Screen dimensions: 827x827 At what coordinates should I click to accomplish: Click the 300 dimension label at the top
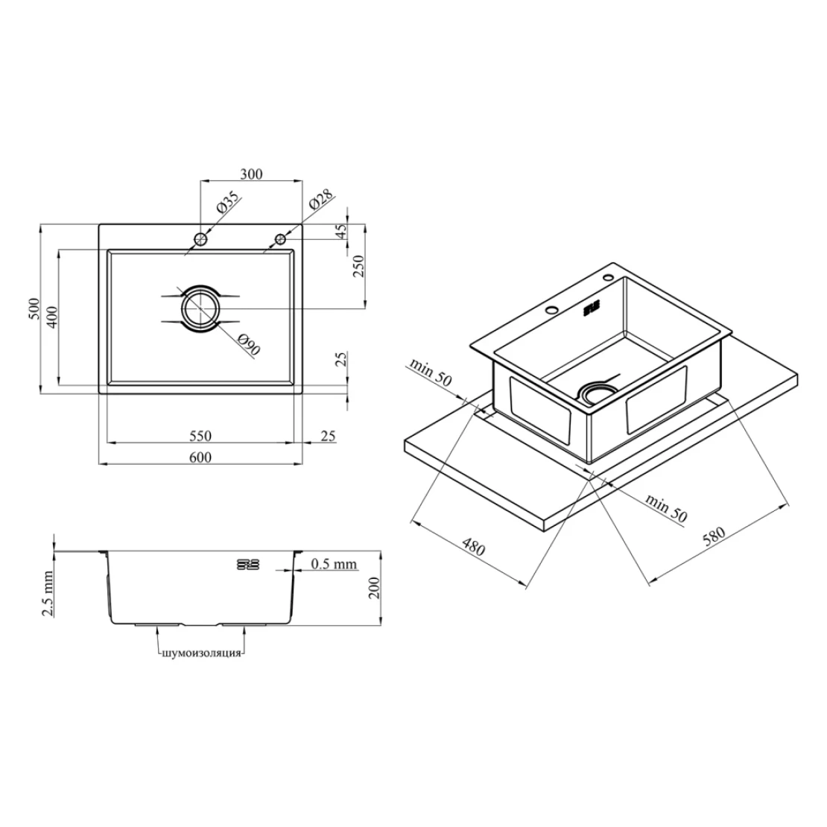click(x=251, y=174)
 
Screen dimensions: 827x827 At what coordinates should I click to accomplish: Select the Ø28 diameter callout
click(x=320, y=200)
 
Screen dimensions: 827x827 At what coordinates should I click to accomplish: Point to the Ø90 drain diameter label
click(x=248, y=344)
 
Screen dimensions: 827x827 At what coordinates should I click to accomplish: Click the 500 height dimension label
click(x=34, y=308)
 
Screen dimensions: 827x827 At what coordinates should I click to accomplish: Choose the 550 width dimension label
click(x=200, y=436)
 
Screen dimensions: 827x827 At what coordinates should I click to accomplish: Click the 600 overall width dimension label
click(x=200, y=457)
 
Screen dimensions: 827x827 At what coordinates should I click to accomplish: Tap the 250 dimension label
click(x=358, y=267)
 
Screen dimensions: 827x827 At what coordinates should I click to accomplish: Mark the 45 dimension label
click(x=341, y=231)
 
